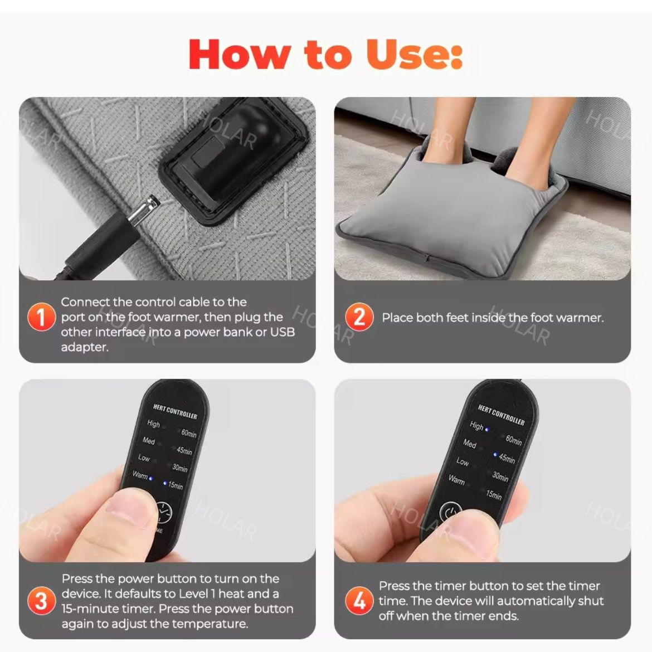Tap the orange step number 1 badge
[41, 317]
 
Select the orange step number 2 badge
[359, 317]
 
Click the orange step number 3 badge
[41, 600]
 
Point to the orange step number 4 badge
[359, 600]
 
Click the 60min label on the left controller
[188, 434]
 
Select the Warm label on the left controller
[140, 474]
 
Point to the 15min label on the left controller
[175, 485]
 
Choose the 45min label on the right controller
[507, 458]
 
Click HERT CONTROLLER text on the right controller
[501, 415]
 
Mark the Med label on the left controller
[148, 440]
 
